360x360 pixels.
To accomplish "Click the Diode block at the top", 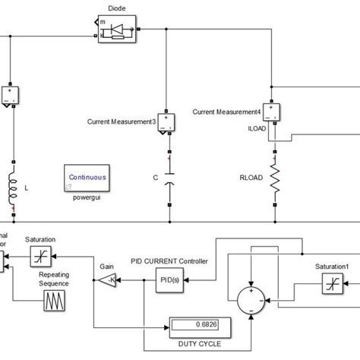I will click(x=116, y=30).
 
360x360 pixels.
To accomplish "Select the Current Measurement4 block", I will click(x=273, y=113).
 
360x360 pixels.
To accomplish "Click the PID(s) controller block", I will click(x=169, y=280).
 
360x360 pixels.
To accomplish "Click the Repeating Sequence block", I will click(x=52, y=306).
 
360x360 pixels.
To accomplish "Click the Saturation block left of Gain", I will click(x=40, y=259).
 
